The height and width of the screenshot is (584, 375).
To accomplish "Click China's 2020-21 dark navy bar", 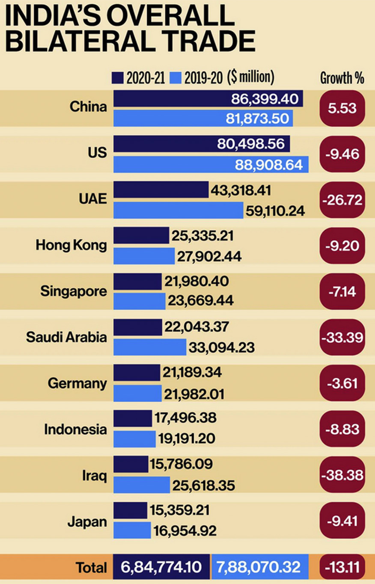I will click(171, 99).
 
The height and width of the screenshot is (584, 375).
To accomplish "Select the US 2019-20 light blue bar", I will click(171, 164).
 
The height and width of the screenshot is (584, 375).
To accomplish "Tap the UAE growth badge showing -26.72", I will click(342, 200).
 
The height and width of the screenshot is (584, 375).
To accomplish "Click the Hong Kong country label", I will click(71, 245).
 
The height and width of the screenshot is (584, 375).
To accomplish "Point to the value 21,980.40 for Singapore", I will click(196, 281).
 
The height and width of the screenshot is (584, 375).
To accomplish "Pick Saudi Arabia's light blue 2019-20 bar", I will click(150, 347).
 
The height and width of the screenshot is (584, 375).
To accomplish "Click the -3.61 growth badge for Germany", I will click(342, 383).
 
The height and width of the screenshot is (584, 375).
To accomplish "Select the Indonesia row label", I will click(75, 429).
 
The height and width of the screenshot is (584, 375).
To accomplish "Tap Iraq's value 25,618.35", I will click(203, 485).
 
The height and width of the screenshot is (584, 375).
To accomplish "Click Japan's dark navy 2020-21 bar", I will click(130, 510).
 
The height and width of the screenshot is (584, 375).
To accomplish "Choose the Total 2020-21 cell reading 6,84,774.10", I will click(161, 567).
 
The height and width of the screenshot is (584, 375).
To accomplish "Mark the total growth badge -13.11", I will click(342, 567).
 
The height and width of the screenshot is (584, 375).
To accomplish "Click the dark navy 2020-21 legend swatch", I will click(118, 78).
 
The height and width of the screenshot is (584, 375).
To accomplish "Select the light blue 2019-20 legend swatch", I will click(176, 78).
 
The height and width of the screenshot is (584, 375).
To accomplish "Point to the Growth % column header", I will click(342, 78).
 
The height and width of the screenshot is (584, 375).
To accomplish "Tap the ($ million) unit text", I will click(251, 77).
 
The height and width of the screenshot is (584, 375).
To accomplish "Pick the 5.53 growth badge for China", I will click(342, 108).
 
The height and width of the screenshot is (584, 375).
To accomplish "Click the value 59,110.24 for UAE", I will click(275, 210).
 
